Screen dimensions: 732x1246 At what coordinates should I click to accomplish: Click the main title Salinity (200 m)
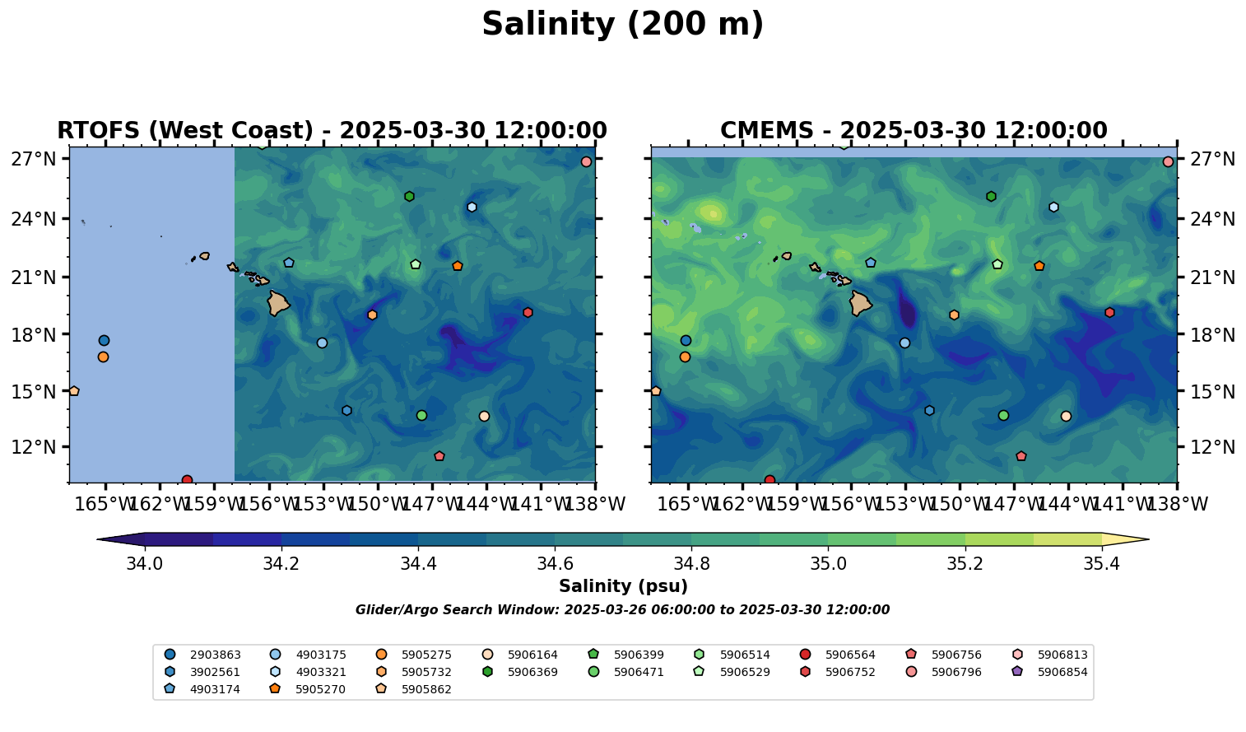[x=622, y=25]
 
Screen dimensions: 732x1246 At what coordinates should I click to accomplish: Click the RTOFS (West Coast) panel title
[x=332, y=131]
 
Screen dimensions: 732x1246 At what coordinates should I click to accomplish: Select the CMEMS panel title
[x=914, y=131]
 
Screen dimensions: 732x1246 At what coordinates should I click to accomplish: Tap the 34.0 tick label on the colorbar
[x=145, y=564]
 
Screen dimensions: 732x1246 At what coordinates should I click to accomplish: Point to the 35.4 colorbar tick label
[x=1101, y=564]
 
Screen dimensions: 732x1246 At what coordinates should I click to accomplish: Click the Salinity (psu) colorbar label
[x=623, y=586]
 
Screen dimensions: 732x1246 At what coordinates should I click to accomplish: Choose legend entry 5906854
[x=1062, y=672]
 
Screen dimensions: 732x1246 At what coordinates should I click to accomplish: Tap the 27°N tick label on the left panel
[x=33, y=159]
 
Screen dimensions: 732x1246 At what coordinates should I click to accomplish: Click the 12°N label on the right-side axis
[x=1213, y=447]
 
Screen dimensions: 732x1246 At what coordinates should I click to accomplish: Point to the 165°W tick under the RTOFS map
[x=105, y=504]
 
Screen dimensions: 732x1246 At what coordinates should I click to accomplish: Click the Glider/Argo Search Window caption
[x=622, y=610]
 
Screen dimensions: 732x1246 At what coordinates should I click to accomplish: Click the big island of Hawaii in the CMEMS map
[x=860, y=303]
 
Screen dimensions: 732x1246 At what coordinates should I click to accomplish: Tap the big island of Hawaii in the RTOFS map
[x=278, y=303]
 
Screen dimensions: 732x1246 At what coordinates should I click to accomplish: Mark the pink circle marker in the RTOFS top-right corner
[x=586, y=161]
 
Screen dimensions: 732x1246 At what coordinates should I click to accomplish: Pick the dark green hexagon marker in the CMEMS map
[x=991, y=196]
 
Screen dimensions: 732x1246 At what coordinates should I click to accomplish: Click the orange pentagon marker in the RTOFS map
[x=458, y=266]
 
